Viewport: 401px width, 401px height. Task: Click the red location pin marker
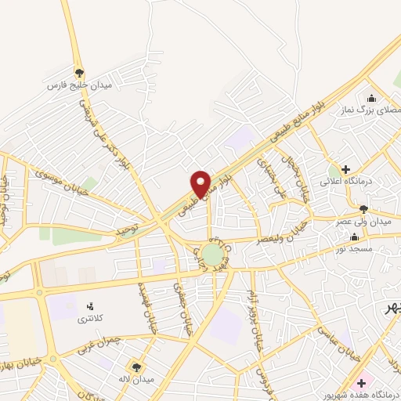[x=201, y=182]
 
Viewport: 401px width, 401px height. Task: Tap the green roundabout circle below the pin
[x=211, y=254]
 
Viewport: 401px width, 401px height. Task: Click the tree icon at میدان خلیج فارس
[x=79, y=71]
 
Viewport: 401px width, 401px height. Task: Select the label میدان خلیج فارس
[x=79, y=84]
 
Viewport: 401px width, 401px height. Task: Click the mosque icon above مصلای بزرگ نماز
[x=371, y=99]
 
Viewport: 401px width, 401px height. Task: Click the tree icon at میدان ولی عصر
[x=363, y=209]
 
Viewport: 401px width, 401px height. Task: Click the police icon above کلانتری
[x=91, y=306]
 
